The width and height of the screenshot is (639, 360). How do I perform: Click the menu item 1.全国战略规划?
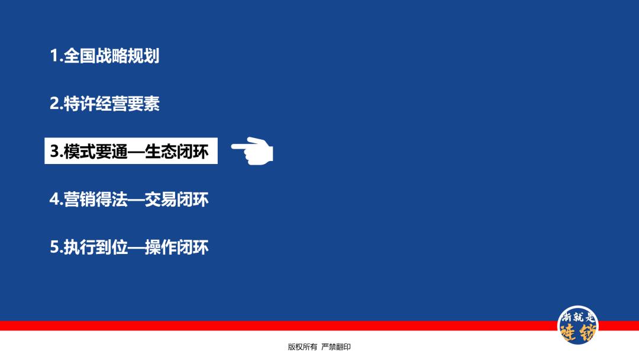point(105,56)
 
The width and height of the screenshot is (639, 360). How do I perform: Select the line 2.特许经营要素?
point(105,104)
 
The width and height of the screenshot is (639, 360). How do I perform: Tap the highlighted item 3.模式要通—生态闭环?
point(130,152)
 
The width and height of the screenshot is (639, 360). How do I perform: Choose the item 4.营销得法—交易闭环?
point(129,200)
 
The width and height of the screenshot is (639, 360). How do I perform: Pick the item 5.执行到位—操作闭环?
point(129,247)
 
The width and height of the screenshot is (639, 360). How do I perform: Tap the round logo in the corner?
point(579,326)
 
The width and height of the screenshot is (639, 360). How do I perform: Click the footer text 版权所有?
point(302,347)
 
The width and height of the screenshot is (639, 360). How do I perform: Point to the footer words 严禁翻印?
point(336,347)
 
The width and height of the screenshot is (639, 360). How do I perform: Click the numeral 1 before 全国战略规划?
point(54,56)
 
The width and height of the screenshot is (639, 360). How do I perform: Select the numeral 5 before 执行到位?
point(54,247)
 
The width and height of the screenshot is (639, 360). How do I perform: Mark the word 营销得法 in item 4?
point(96,200)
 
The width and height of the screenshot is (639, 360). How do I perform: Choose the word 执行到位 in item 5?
point(96,247)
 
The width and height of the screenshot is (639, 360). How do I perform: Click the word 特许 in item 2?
point(80,104)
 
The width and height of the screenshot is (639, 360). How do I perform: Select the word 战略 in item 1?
point(112,56)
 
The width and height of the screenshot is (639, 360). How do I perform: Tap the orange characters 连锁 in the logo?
point(578,332)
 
